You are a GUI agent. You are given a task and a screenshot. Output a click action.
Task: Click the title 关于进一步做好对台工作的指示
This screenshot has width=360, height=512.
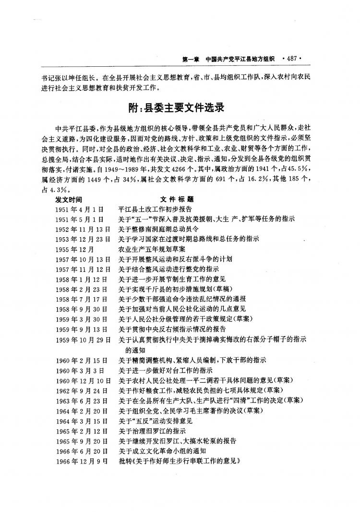pos(166,370)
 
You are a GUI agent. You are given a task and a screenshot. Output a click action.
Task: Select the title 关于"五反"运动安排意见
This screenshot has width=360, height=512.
pos(155,421)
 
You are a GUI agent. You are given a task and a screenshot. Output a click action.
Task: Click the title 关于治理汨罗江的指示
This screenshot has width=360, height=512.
pos(152,431)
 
